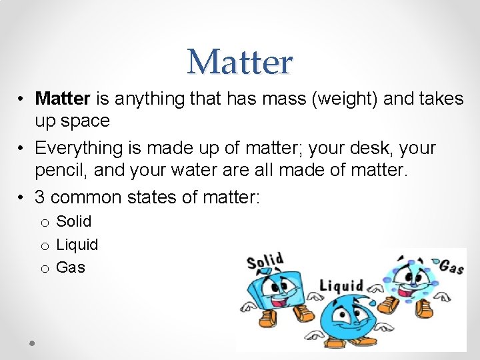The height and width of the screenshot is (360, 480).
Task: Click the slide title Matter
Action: tap(240, 62)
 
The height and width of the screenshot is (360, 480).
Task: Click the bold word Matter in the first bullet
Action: tap(63, 99)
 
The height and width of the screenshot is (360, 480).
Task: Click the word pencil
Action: tap(61, 171)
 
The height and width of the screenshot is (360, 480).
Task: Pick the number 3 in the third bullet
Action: tap(41, 197)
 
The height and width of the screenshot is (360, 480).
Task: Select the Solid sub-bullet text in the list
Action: tap(73, 221)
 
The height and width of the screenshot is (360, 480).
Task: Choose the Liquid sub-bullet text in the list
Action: tap(77, 245)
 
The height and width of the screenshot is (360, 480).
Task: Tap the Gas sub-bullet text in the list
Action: tap(71, 268)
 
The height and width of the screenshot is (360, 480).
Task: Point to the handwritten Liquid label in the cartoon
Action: tap(341, 285)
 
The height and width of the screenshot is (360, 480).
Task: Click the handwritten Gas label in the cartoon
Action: tap(451, 267)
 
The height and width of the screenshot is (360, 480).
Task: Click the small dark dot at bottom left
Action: tap(32, 343)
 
